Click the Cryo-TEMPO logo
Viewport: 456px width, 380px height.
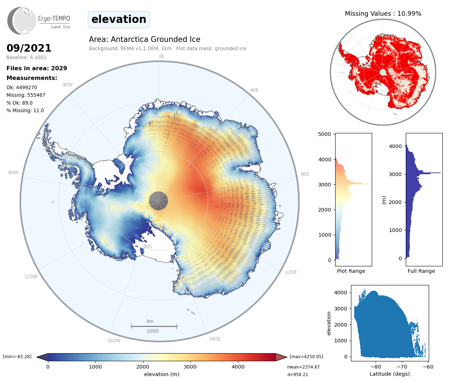[38, 21]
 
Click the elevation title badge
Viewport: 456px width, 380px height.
[119, 20]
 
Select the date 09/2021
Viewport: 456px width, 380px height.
[29, 48]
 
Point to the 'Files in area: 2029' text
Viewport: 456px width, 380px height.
[37, 68]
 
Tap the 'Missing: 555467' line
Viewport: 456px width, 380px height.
[26, 95]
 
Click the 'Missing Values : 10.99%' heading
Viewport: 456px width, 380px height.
[383, 14]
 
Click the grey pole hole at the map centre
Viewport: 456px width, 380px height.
[158, 201]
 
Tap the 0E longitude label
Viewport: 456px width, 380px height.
[161, 57]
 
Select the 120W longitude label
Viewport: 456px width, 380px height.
[31, 277]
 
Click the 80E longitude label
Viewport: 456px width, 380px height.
[305, 174]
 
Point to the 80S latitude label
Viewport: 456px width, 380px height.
[148, 247]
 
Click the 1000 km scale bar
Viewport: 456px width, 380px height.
[154, 326]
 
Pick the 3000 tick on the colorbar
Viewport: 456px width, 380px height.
[190, 367]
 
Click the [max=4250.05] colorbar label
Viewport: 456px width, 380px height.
[306, 357]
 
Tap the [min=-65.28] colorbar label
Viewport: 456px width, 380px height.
[17, 357]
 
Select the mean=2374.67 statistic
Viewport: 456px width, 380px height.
[303, 367]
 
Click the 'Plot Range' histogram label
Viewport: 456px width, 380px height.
[351, 271]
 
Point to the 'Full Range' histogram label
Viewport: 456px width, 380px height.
[421, 271]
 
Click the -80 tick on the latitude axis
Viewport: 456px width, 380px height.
[376, 367]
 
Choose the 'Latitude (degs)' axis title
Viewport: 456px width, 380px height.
[390, 374]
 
